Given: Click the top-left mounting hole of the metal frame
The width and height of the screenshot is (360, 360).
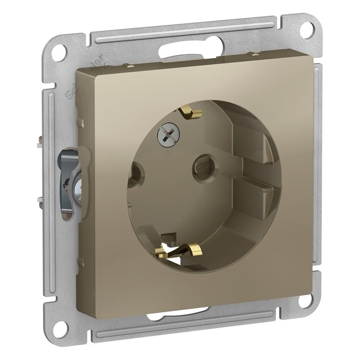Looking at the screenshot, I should coord(59,53).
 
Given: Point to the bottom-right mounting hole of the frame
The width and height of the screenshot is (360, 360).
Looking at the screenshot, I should coord(306,300).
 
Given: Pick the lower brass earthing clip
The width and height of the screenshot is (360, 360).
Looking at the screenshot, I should coord(182,249).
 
